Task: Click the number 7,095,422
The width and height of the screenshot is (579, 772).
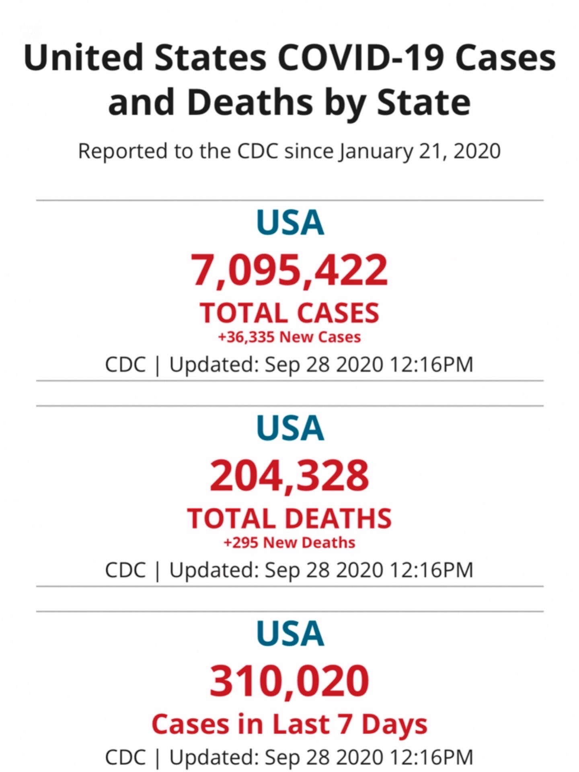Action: pos(289,270)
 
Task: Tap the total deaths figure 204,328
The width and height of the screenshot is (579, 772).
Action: pos(289,476)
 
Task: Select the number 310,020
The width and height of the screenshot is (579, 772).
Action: pos(289,681)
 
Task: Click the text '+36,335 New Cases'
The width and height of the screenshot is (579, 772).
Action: pos(289,337)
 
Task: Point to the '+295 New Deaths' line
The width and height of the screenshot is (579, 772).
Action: pos(289,543)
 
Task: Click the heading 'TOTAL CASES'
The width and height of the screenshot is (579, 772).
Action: pos(289,313)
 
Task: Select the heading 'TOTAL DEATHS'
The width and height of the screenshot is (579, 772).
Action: pos(289,519)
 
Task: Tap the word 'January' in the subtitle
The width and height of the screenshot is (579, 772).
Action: pos(376,152)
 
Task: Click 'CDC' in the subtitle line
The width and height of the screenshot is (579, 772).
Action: pos(257,152)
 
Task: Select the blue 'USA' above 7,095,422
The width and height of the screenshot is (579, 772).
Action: pos(290,223)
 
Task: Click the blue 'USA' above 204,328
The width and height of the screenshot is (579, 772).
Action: pos(290,428)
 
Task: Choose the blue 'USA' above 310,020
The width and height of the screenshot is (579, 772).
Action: pos(290,634)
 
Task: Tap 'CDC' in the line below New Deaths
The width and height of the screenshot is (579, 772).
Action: pos(125,570)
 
